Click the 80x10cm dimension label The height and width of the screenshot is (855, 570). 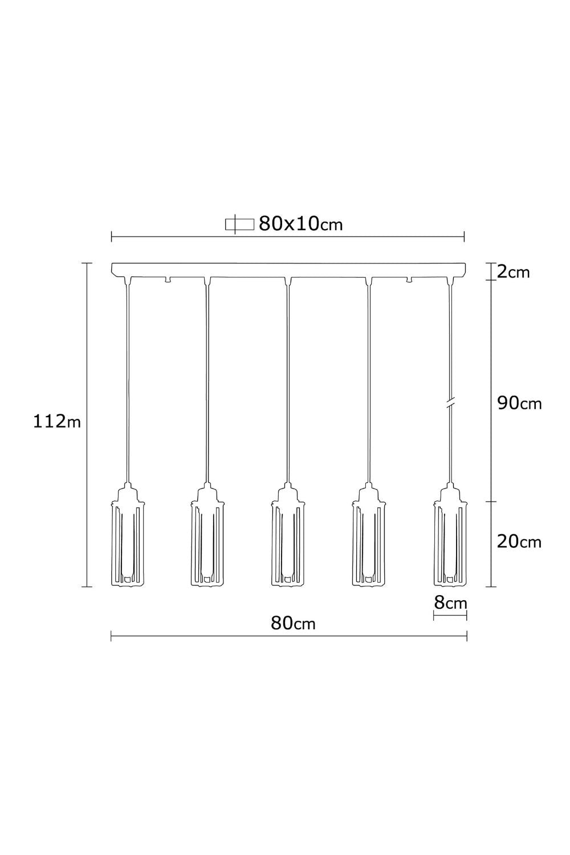(x=300, y=224)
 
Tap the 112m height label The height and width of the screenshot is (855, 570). (x=57, y=422)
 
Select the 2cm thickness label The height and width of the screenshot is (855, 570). (x=514, y=272)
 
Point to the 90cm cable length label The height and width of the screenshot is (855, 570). (x=519, y=404)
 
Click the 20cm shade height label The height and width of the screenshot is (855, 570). (x=519, y=542)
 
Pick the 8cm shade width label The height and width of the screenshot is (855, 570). (x=450, y=603)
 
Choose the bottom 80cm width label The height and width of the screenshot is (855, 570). (x=293, y=624)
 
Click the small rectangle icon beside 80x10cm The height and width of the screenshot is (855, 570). (x=239, y=225)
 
